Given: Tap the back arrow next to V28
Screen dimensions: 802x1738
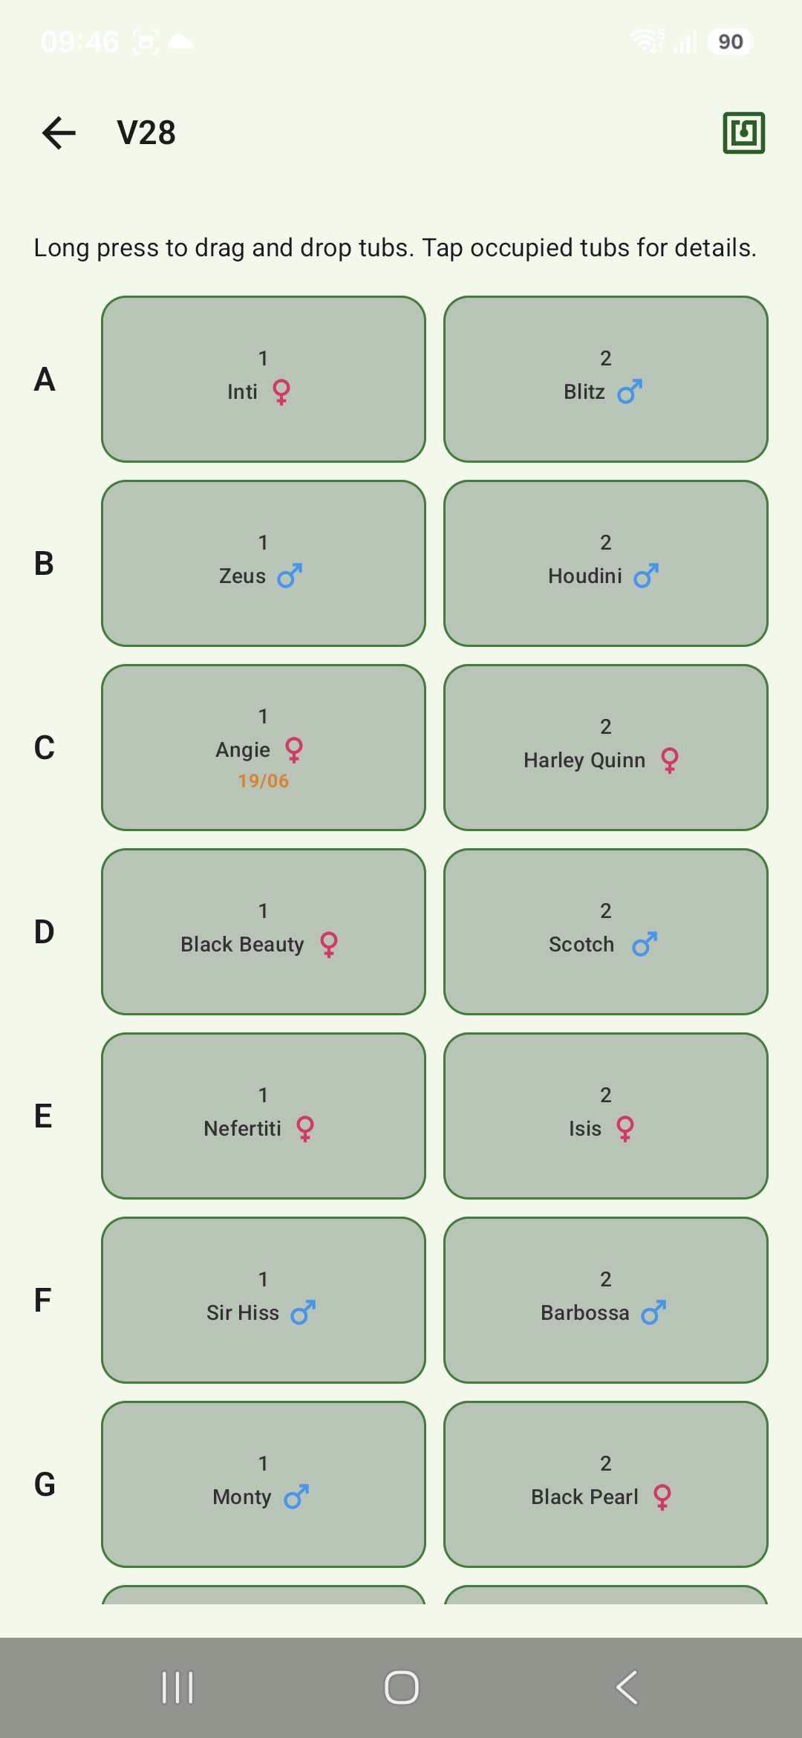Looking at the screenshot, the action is point(59,133).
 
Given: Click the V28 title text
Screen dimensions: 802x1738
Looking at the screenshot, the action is point(146,133).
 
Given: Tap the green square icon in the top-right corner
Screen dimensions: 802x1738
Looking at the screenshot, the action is point(743,133).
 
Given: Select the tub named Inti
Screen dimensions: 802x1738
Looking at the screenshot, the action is point(264,379).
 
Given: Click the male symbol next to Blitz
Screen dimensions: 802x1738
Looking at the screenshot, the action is point(630,391).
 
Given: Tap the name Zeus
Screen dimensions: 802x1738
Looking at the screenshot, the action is point(242,576).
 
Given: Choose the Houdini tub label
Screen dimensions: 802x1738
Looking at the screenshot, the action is point(585,576).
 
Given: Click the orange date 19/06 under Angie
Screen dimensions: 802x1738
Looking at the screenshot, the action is point(264,781).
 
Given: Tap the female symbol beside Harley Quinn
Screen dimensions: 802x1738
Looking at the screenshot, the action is point(670,760).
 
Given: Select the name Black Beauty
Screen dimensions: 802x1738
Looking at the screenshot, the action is point(242,944).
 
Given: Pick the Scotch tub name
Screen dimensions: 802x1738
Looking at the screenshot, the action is point(581,944).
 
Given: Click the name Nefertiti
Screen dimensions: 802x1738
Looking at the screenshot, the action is point(242,1128).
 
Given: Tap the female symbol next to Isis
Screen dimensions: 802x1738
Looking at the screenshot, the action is point(625,1128).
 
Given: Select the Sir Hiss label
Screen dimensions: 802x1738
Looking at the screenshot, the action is point(243,1312).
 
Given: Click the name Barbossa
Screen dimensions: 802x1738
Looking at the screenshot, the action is point(585,1312).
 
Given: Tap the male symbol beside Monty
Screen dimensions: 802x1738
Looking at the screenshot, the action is point(296,1497).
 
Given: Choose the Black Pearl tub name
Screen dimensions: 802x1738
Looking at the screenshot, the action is point(585,1497).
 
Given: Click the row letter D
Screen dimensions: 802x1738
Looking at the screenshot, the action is point(44,931).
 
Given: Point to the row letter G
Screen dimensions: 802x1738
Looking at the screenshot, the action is point(45,1484).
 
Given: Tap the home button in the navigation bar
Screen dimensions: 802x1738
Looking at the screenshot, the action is point(401,1687).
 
